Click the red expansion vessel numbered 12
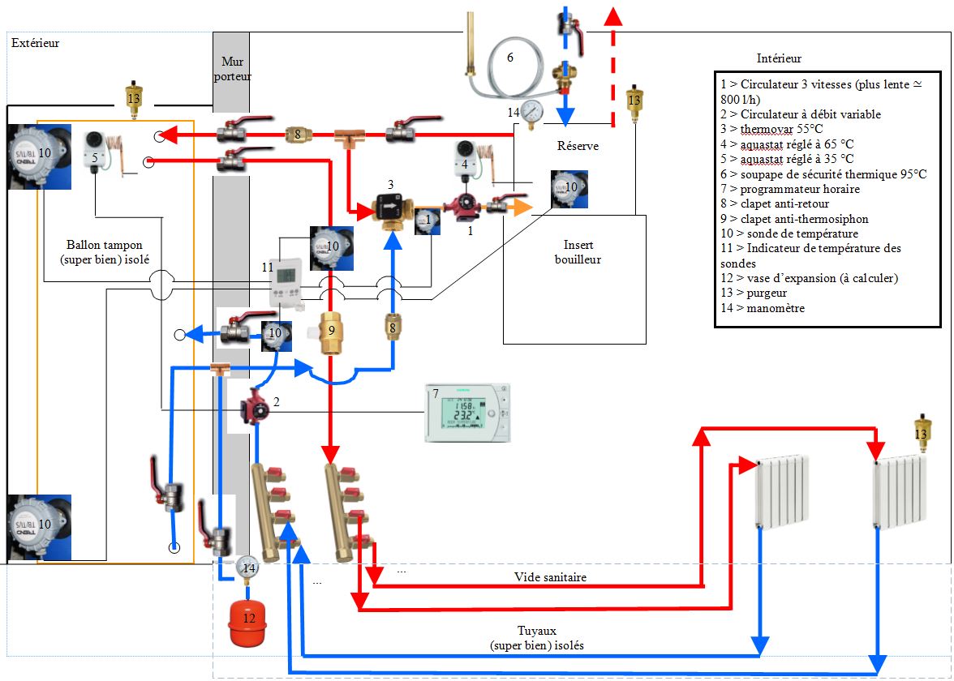tap(249, 622)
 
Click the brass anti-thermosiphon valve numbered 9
tap(329, 332)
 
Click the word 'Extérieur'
tap(35, 43)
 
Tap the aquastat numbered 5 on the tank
tap(95, 148)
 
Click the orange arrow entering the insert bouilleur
tap(521, 208)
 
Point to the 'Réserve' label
tap(578, 147)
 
